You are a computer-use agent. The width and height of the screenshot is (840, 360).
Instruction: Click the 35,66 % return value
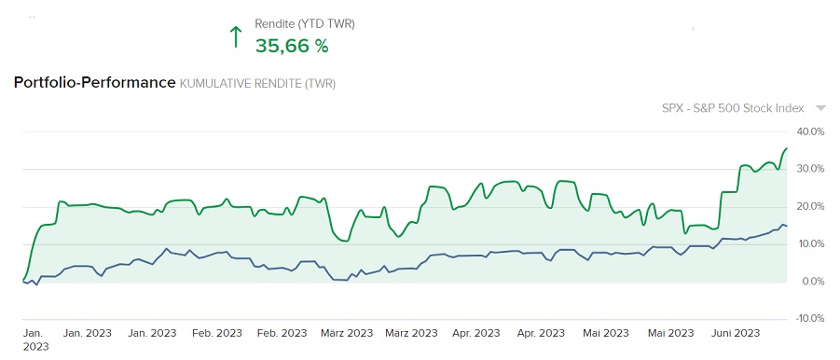point(292,45)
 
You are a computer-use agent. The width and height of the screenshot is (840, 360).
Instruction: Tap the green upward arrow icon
point(236,37)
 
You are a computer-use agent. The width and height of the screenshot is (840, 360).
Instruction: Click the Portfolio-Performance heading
point(94,83)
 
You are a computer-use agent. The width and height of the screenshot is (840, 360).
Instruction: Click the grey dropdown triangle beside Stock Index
point(820,108)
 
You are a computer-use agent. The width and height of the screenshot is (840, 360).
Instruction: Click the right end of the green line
point(787,148)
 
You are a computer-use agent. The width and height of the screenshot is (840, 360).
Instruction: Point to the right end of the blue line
point(787,227)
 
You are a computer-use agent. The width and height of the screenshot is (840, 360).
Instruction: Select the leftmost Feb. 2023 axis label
point(216,333)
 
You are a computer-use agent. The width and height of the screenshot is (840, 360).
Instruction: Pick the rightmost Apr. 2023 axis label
point(541,333)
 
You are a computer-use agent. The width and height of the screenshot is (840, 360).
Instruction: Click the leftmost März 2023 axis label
point(346,333)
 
